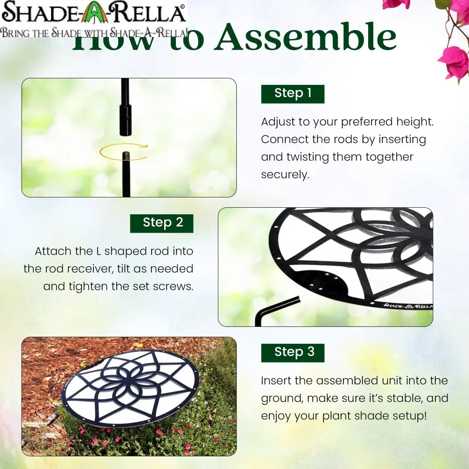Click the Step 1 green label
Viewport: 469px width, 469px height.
tap(293, 94)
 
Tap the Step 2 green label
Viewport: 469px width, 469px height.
tap(162, 223)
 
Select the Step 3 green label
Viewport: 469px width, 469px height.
tap(293, 352)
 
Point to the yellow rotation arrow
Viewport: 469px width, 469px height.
tap(123, 151)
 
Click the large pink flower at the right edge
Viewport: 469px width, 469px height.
tap(453, 62)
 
